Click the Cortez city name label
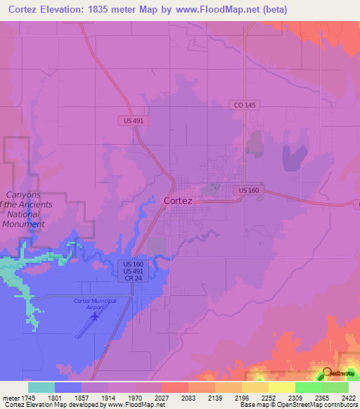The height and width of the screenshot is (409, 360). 178,200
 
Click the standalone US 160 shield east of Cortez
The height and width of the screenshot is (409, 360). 249,190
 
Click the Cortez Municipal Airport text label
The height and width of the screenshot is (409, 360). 94,304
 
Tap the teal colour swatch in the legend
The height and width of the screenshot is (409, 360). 41,387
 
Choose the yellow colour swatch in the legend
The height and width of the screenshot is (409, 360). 281,387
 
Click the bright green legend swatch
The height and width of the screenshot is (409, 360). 308,387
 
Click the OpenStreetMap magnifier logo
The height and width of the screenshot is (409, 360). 327,372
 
